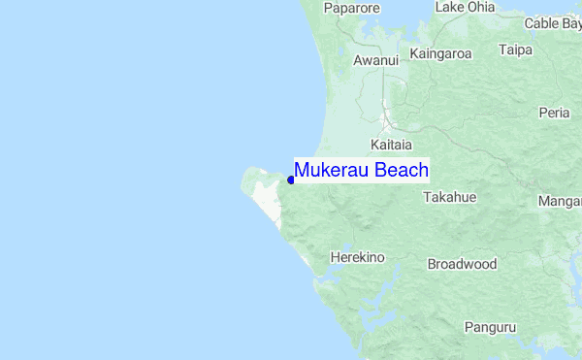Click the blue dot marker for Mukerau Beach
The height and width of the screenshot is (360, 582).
(x=291, y=179)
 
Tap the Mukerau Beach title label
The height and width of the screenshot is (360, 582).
(x=361, y=171)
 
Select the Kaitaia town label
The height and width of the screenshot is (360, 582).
(x=391, y=144)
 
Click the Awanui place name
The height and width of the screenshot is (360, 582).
(x=376, y=60)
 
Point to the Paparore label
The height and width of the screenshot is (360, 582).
(x=351, y=9)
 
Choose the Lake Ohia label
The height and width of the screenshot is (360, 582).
(x=465, y=7)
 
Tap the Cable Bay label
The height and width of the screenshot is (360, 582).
(x=553, y=23)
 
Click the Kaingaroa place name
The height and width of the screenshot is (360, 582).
(x=440, y=53)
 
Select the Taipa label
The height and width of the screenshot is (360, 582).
(x=516, y=49)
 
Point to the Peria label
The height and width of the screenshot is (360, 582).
(x=554, y=113)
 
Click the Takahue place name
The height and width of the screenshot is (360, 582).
(x=450, y=197)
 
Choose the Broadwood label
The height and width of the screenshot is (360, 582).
(x=462, y=264)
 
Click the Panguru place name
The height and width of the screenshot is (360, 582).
(x=490, y=327)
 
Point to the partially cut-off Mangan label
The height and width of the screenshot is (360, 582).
(x=561, y=203)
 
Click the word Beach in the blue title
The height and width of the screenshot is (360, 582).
(x=402, y=171)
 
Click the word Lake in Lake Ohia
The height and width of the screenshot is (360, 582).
(x=449, y=7)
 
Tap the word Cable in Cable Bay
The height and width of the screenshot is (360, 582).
(x=541, y=23)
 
